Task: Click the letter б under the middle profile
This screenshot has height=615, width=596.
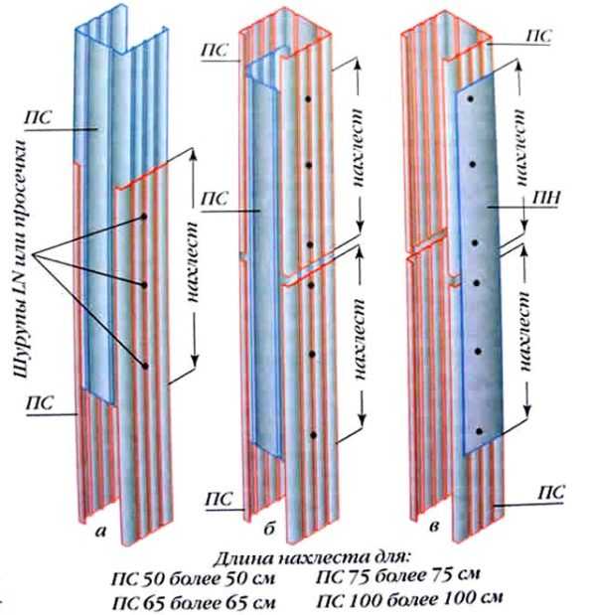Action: pyautogui.click(x=268, y=529)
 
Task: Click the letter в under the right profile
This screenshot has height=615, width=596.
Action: pyautogui.click(x=434, y=527)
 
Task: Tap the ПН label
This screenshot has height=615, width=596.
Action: pyautogui.click(x=546, y=199)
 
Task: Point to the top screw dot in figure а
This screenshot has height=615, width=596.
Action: pyautogui.click(x=144, y=217)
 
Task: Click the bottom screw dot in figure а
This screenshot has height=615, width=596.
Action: pyautogui.click(x=145, y=367)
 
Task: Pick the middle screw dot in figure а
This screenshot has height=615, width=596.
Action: pyautogui.click(x=144, y=285)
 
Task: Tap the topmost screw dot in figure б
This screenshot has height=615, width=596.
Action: pyautogui.click(x=308, y=98)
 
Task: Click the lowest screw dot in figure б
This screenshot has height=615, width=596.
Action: pyautogui.click(x=313, y=434)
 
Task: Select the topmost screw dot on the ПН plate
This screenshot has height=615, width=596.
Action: pyautogui.click(x=471, y=99)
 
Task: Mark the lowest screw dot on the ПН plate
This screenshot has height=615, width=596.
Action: pyautogui.click(x=479, y=431)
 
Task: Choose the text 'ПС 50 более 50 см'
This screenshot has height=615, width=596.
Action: pyautogui.click(x=194, y=579)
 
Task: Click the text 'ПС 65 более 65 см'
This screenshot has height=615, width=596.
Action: pyautogui.click(x=194, y=602)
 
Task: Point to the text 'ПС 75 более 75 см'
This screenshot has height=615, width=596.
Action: pyautogui.click(x=397, y=575)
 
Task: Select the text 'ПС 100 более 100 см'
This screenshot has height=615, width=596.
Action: pyautogui.click(x=409, y=599)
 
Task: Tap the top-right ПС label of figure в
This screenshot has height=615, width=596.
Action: pyautogui.click(x=538, y=36)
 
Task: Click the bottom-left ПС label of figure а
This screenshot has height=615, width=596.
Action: pyautogui.click(x=40, y=402)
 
